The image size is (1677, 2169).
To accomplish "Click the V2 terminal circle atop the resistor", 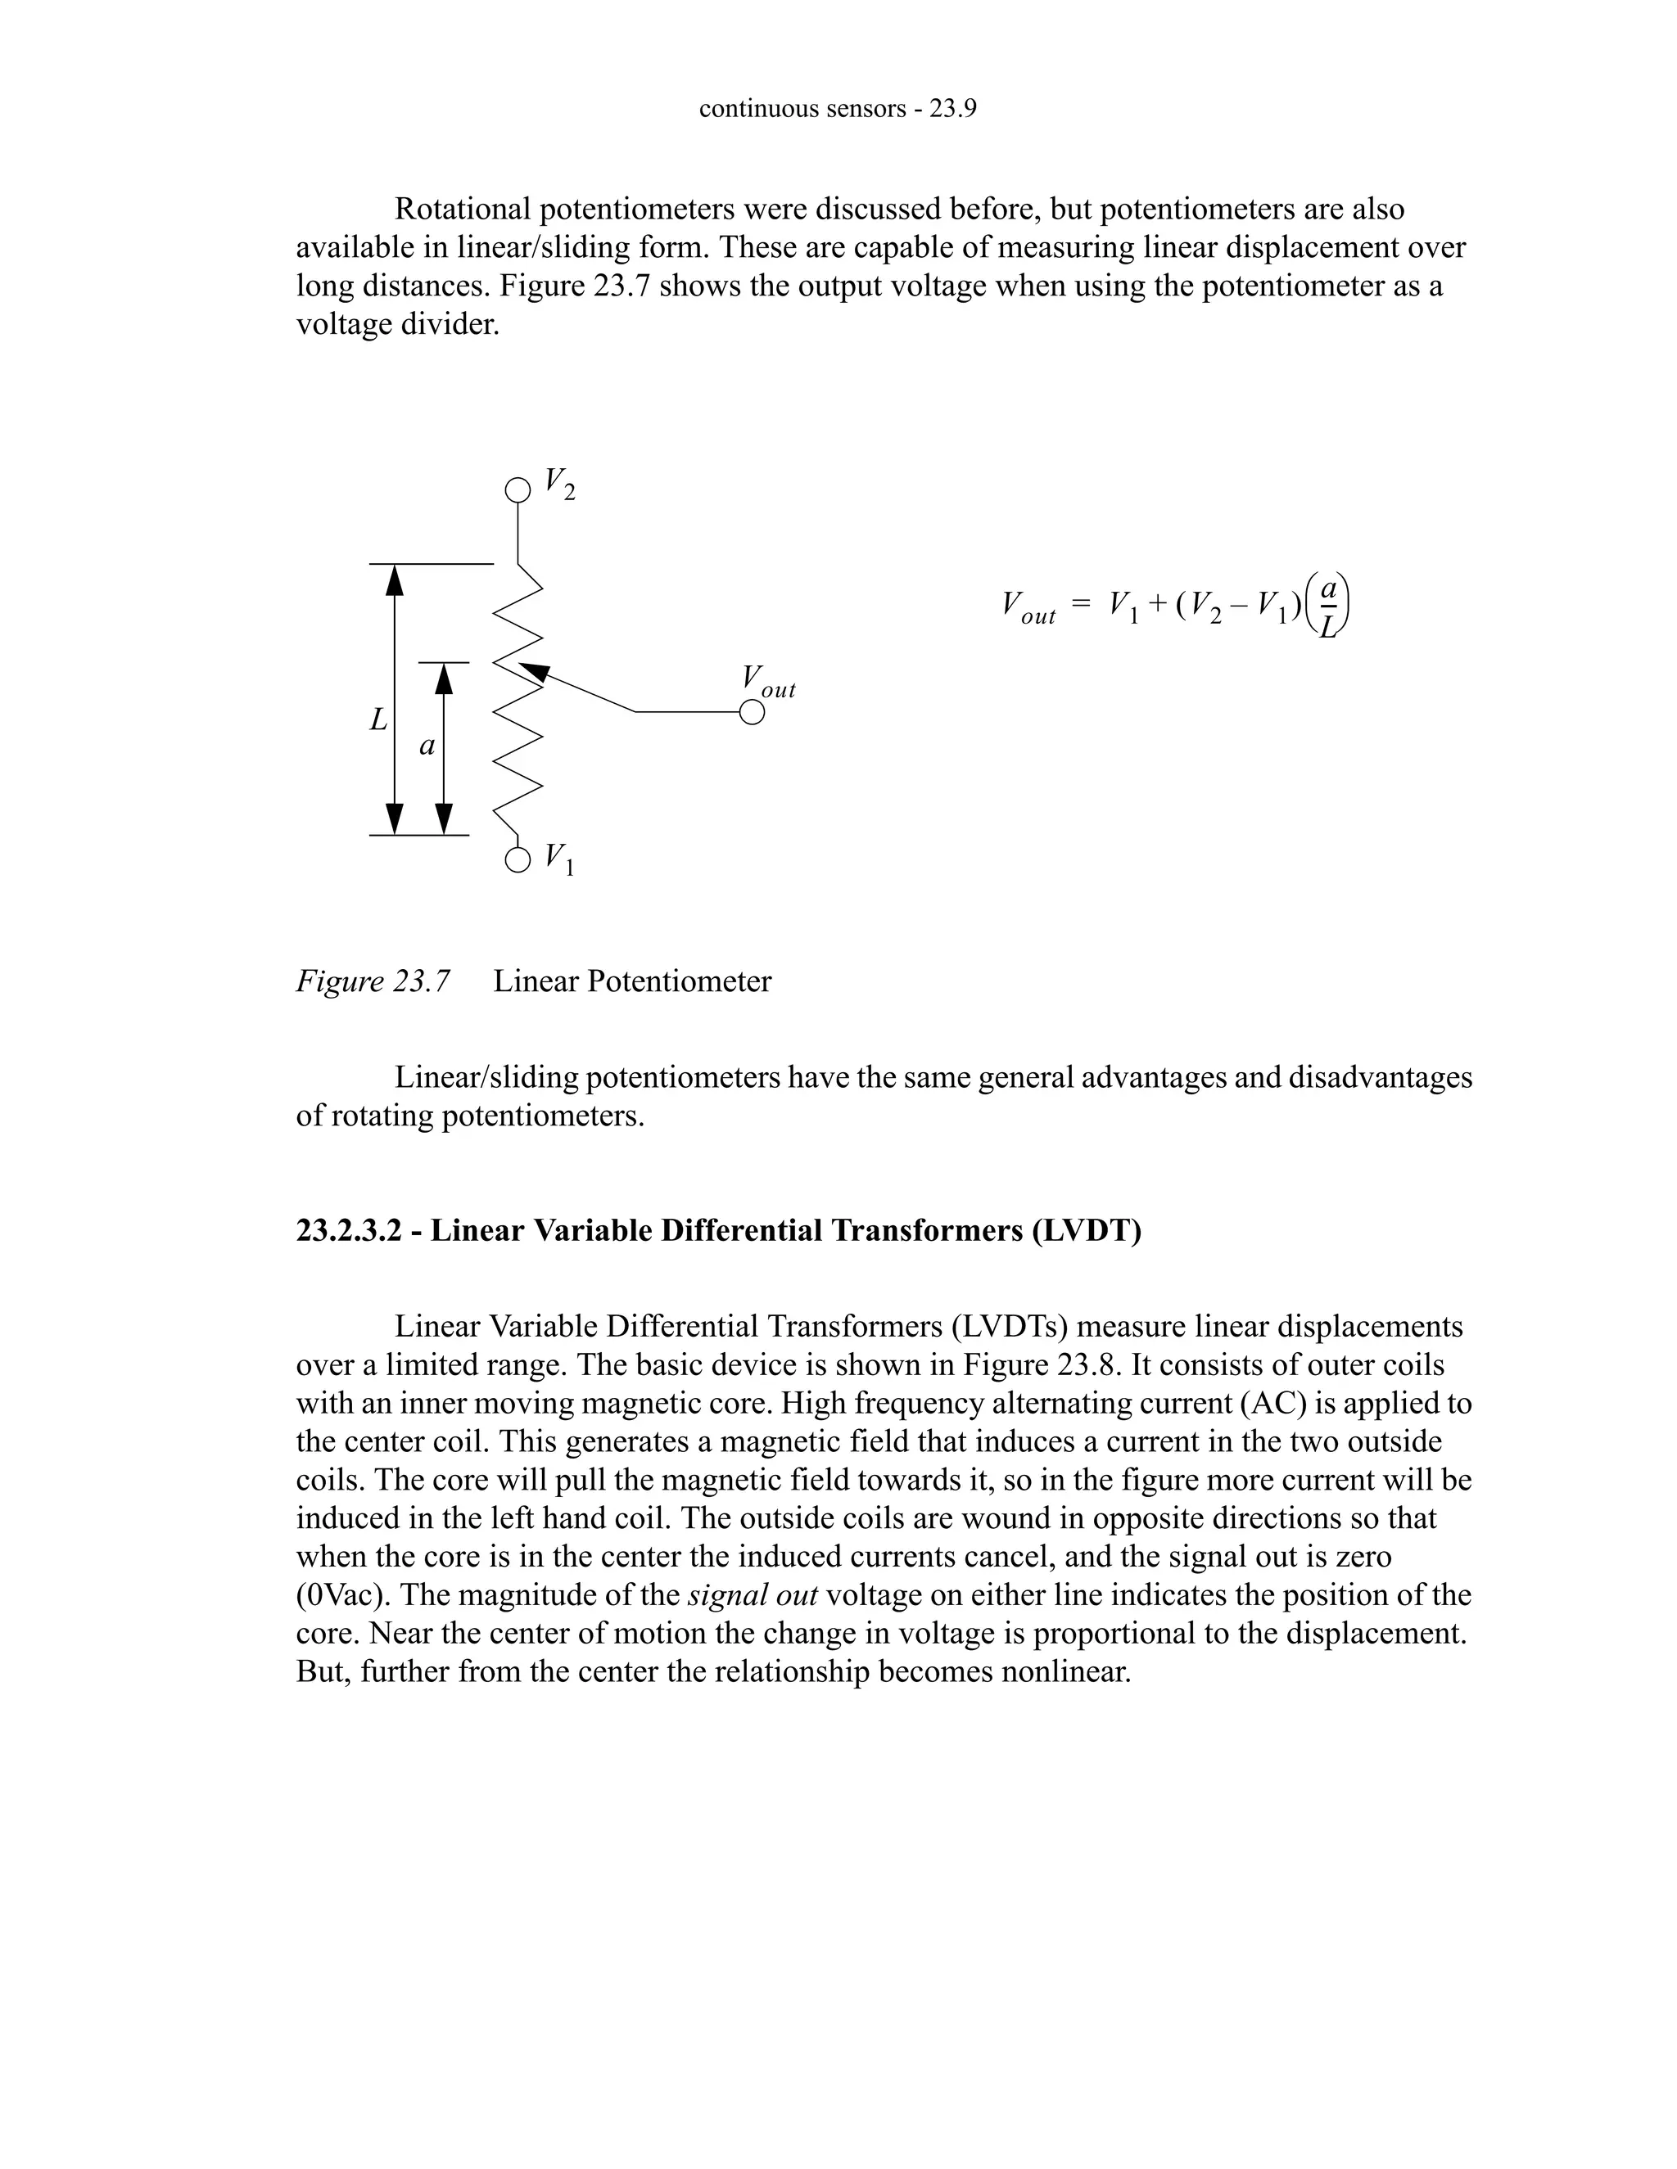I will click(x=517, y=489).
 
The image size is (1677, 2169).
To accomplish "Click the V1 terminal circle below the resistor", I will click(x=518, y=860).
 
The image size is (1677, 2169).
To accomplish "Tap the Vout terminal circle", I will click(x=752, y=713).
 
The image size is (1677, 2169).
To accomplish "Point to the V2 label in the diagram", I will click(x=559, y=485).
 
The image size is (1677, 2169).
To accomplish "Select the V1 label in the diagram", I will click(x=559, y=859).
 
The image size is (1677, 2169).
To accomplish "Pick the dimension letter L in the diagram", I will click(x=378, y=719).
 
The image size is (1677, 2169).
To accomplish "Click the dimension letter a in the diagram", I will click(x=427, y=746).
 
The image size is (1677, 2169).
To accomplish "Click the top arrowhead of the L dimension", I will click(x=395, y=578).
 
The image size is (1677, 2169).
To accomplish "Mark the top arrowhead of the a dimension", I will click(x=444, y=678).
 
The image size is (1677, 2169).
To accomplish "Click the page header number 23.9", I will click(x=952, y=108).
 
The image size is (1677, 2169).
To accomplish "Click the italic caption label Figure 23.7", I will click(x=373, y=981).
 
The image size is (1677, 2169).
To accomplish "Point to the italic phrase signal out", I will click(x=752, y=1595).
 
